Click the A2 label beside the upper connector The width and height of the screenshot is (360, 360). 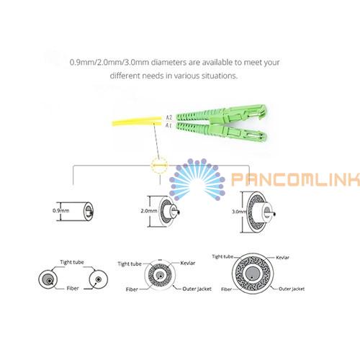pos(169,117)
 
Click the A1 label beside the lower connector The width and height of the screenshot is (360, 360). pos(168,125)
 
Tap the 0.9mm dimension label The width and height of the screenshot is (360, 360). pos(61,211)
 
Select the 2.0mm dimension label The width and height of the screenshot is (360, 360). pos(149,211)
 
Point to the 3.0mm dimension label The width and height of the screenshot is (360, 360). pos(239,212)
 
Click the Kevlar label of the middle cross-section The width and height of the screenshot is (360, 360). pos(188,263)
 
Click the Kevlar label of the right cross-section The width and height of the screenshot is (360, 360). pos(282,258)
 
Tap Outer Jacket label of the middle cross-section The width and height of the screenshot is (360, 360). pos(197,289)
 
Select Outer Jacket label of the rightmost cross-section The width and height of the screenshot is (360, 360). pos(292,289)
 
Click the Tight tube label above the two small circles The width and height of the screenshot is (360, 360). pos(72,262)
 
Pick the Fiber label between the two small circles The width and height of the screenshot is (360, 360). pos(73,288)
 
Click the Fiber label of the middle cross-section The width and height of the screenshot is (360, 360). pos(132,289)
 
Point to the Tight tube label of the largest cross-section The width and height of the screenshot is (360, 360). pos(222,256)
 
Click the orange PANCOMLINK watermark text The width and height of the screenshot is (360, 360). pos(296,179)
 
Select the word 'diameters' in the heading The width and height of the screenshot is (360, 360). pos(168,62)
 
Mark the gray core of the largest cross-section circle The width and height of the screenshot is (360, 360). pos(253,274)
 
